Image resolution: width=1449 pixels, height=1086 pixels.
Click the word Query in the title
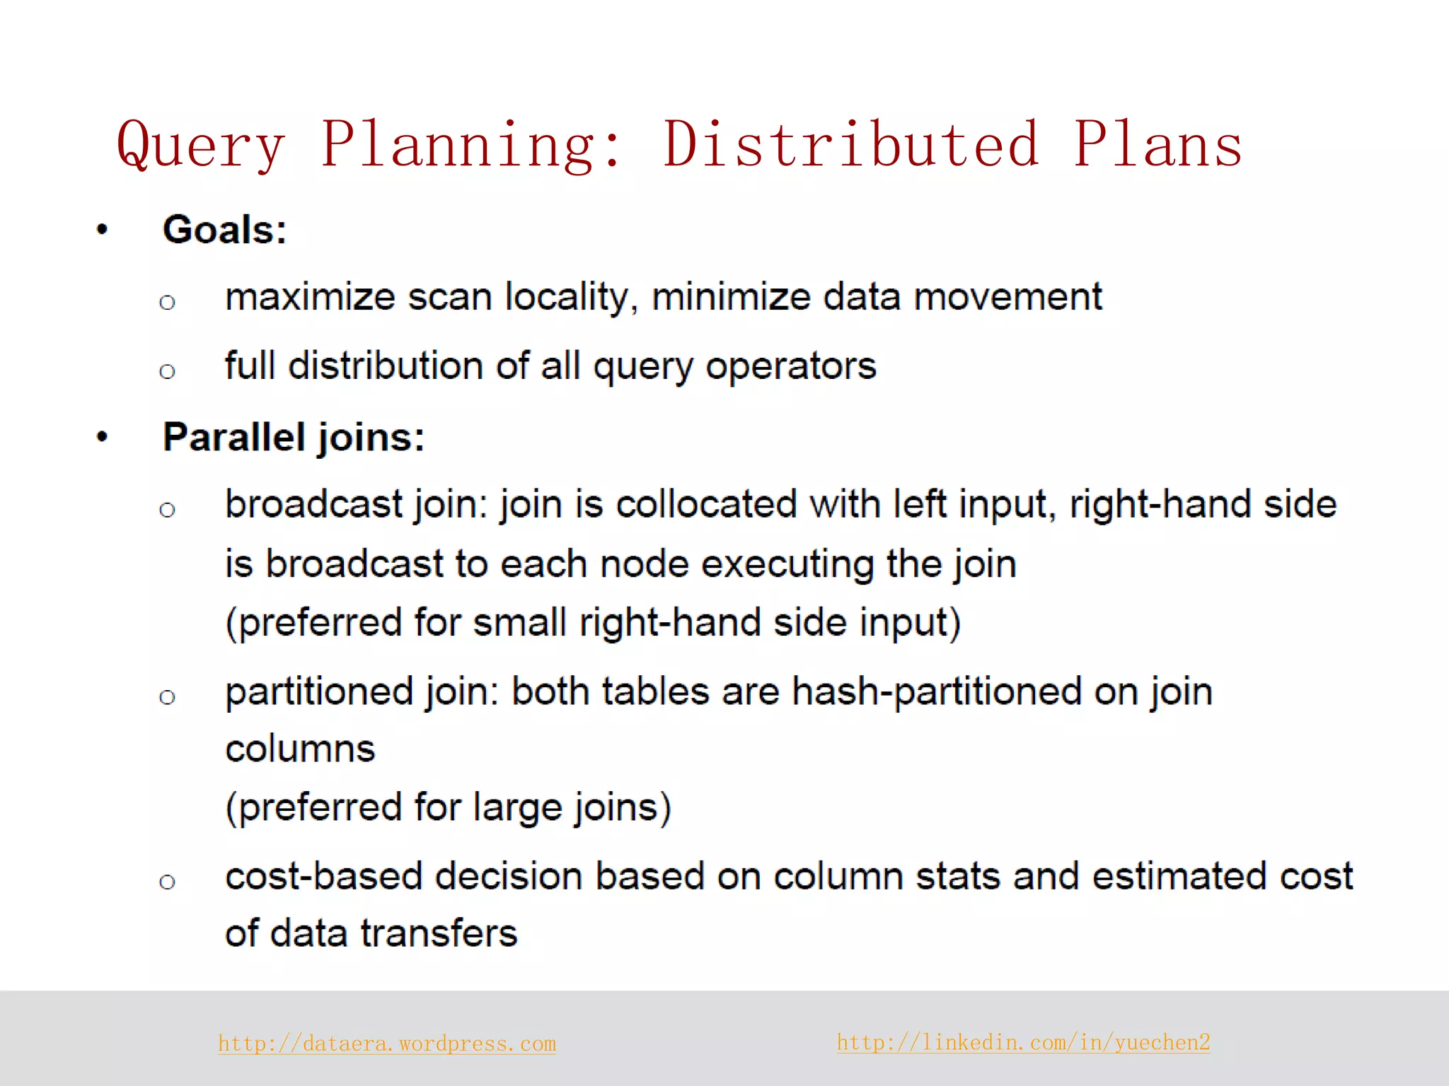(x=201, y=146)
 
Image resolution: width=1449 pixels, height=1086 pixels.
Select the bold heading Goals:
(x=224, y=230)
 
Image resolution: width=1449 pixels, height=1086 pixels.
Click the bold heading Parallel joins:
(x=293, y=437)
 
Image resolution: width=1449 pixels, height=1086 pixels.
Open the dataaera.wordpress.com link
(x=386, y=1044)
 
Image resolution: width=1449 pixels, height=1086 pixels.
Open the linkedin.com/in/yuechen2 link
(x=1023, y=1042)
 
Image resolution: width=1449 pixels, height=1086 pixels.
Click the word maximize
(x=309, y=297)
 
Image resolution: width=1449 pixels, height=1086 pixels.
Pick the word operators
(x=790, y=366)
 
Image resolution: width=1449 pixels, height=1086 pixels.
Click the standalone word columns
(x=300, y=749)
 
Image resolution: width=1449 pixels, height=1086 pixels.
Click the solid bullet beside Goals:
(x=103, y=229)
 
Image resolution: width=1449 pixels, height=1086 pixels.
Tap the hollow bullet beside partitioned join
(x=167, y=698)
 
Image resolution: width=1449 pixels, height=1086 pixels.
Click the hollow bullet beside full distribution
(x=167, y=371)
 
